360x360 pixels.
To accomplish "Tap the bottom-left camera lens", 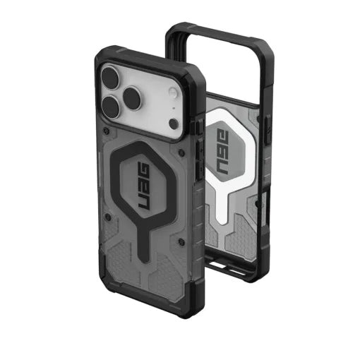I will click(x=112, y=106).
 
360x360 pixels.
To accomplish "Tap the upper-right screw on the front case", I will click(x=182, y=152).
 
